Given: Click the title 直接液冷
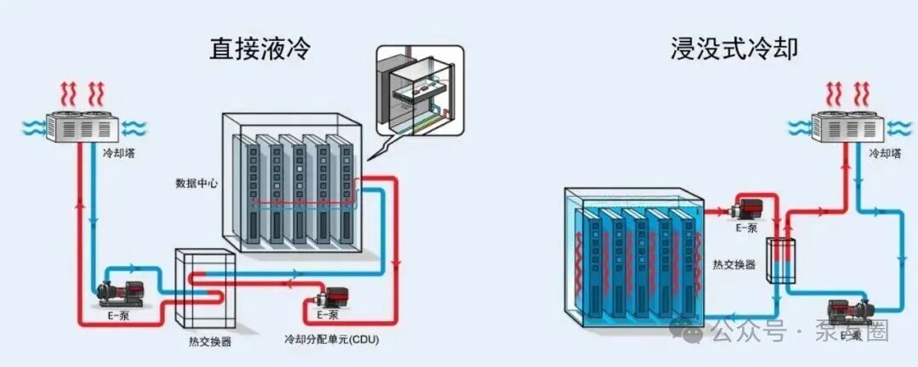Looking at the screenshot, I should [x=259, y=48].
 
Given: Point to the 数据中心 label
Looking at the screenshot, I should [x=195, y=183].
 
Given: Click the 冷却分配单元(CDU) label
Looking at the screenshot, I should [x=331, y=340].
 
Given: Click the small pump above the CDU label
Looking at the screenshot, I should [x=328, y=299].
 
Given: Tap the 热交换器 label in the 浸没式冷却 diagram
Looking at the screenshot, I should [x=734, y=264].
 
